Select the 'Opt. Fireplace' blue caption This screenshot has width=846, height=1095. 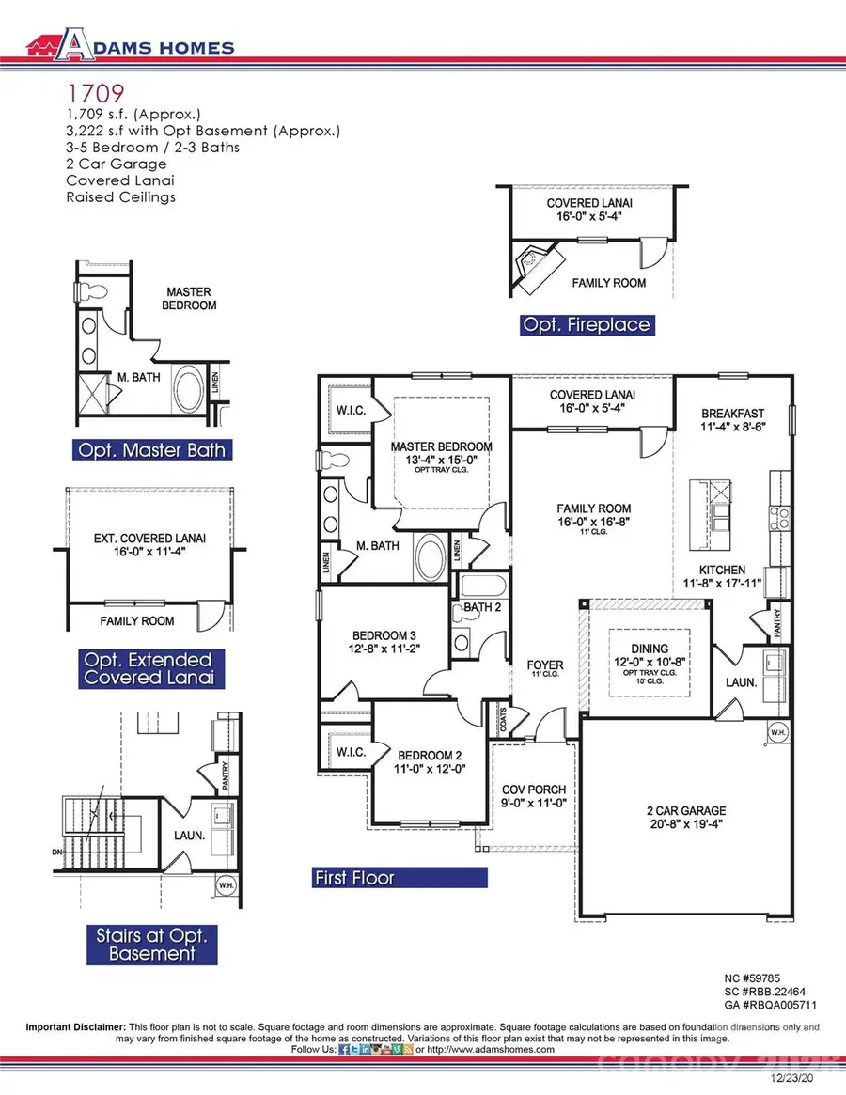(587, 324)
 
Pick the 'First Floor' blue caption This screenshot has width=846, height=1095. (354, 878)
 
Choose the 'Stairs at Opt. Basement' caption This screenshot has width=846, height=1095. (151, 945)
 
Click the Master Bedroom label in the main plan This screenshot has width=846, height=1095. (442, 446)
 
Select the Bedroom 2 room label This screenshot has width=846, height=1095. (431, 754)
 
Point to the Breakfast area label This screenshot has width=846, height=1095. (733, 413)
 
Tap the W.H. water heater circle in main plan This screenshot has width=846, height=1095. (777, 731)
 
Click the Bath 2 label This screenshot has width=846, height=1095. (484, 609)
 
